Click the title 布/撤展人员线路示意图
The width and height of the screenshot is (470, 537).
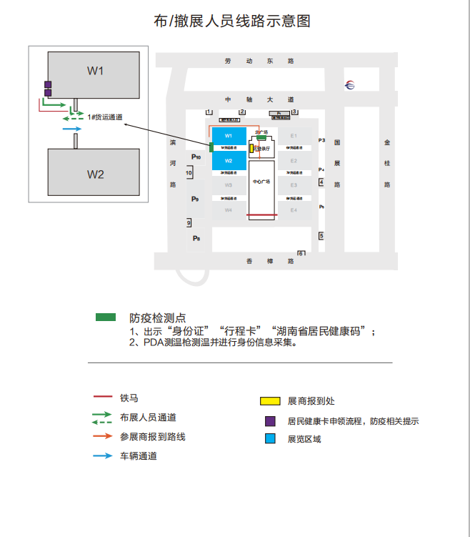click(x=232, y=21)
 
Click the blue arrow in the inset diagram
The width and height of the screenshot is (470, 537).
click(x=72, y=129)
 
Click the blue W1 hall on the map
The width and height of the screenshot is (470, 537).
click(x=229, y=135)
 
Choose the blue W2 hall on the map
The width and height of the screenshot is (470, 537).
click(x=229, y=161)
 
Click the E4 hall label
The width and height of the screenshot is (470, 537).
click(x=294, y=210)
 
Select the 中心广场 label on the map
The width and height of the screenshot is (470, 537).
click(x=262, y=182)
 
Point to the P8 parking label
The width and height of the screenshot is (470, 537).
click(x=196, y=237)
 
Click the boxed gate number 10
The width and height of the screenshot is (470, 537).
click(x=189, y=173)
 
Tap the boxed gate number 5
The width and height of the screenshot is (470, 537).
click(x=321, y=236)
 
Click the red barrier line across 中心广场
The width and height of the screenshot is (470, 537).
click(x=262, y=215)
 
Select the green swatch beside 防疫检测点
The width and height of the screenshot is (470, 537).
click(x=106, y=317)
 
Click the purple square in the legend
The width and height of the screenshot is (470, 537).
click(x=270, y=421)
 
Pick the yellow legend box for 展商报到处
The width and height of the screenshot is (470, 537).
click(x=269, y=401)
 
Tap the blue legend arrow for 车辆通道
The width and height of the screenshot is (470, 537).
click(x=102, y=455)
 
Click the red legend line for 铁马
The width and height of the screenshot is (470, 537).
click(x=102, y=397)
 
